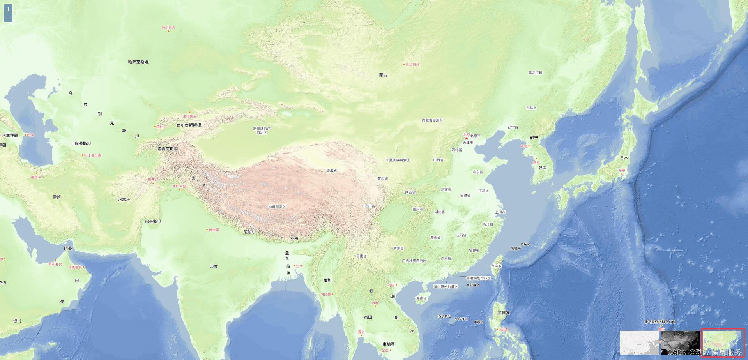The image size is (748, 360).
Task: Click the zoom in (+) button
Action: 8,9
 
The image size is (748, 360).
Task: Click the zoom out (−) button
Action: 8,18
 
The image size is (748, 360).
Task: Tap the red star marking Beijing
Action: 466,138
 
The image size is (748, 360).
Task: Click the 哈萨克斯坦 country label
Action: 138,62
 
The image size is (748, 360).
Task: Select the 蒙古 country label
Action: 383,75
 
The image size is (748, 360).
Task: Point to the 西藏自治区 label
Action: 277,206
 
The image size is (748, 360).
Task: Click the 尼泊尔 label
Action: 249,232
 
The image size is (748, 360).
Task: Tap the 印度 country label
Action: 214,266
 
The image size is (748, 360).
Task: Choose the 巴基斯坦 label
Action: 153,221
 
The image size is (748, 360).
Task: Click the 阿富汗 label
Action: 124,199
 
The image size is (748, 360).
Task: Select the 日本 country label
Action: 624,158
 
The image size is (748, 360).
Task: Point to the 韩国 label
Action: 542,168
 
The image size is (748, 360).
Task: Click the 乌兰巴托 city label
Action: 412,64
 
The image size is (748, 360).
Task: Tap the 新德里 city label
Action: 214,230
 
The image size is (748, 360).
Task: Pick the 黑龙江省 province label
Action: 535,72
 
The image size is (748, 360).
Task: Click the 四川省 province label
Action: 370,206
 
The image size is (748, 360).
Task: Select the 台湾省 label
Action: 496,266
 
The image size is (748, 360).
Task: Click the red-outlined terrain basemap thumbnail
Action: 723,343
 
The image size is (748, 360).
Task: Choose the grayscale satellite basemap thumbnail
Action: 680,343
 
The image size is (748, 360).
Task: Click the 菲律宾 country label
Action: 503,313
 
